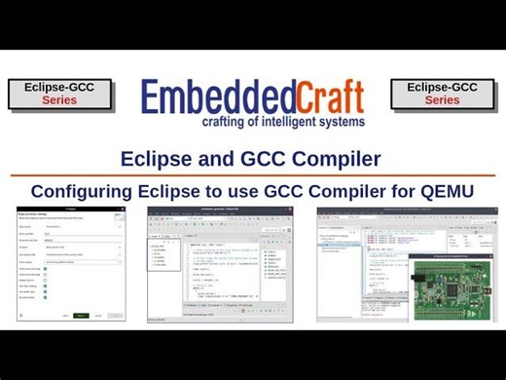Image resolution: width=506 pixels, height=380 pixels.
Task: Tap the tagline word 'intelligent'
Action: (x=296, y=122)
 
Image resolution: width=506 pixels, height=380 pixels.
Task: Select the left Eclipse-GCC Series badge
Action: (x=60, y=94)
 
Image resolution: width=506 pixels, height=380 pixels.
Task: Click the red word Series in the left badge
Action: (x=59, y=100)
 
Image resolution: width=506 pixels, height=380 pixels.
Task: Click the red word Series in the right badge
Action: (x=443, y=100)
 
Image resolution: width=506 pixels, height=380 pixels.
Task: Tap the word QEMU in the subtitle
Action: (x=447, y=190)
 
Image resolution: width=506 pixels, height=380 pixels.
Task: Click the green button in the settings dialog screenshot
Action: (x=82, y=316)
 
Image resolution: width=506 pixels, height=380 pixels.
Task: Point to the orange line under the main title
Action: (x=252, y=175)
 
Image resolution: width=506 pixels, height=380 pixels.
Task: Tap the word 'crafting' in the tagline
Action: (x=227, y=122)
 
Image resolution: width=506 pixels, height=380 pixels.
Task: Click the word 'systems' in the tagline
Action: (x=343, y=122)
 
